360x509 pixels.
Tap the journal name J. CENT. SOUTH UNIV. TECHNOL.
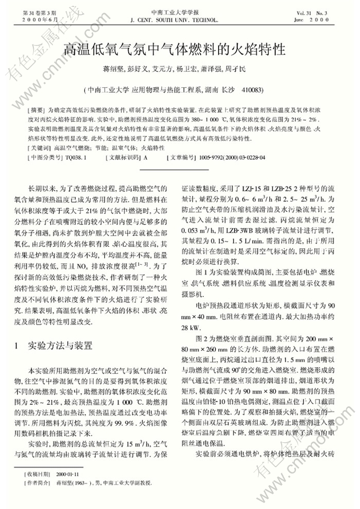(174, 19)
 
